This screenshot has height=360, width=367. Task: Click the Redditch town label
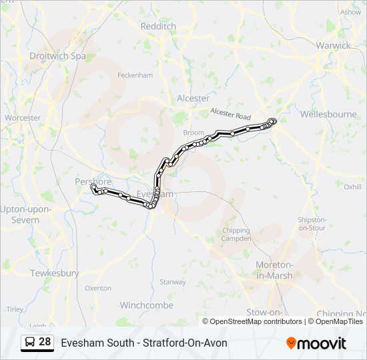(158, 26)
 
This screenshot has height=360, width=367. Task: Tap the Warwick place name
(334, 45)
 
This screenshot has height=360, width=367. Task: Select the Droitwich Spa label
(57, 57)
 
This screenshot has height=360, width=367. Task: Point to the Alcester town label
(193, 98)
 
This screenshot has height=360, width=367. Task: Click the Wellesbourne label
(328, 114)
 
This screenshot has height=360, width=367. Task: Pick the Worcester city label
(23, 118)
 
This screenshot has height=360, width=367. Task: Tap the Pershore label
(93, 181)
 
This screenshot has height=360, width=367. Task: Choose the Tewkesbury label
(54, 273)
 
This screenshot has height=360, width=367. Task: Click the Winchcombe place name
(146, 305)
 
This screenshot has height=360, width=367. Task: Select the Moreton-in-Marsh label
(274, 271)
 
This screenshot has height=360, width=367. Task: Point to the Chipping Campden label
(236, 235)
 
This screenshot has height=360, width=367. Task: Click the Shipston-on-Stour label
(312, 223)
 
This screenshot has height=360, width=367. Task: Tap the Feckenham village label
(135, 75)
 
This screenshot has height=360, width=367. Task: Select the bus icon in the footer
(29, 343)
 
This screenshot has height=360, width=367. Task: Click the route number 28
(45, 342)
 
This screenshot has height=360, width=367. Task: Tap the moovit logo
(316, 343)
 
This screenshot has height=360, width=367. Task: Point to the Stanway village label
(173, 282)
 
